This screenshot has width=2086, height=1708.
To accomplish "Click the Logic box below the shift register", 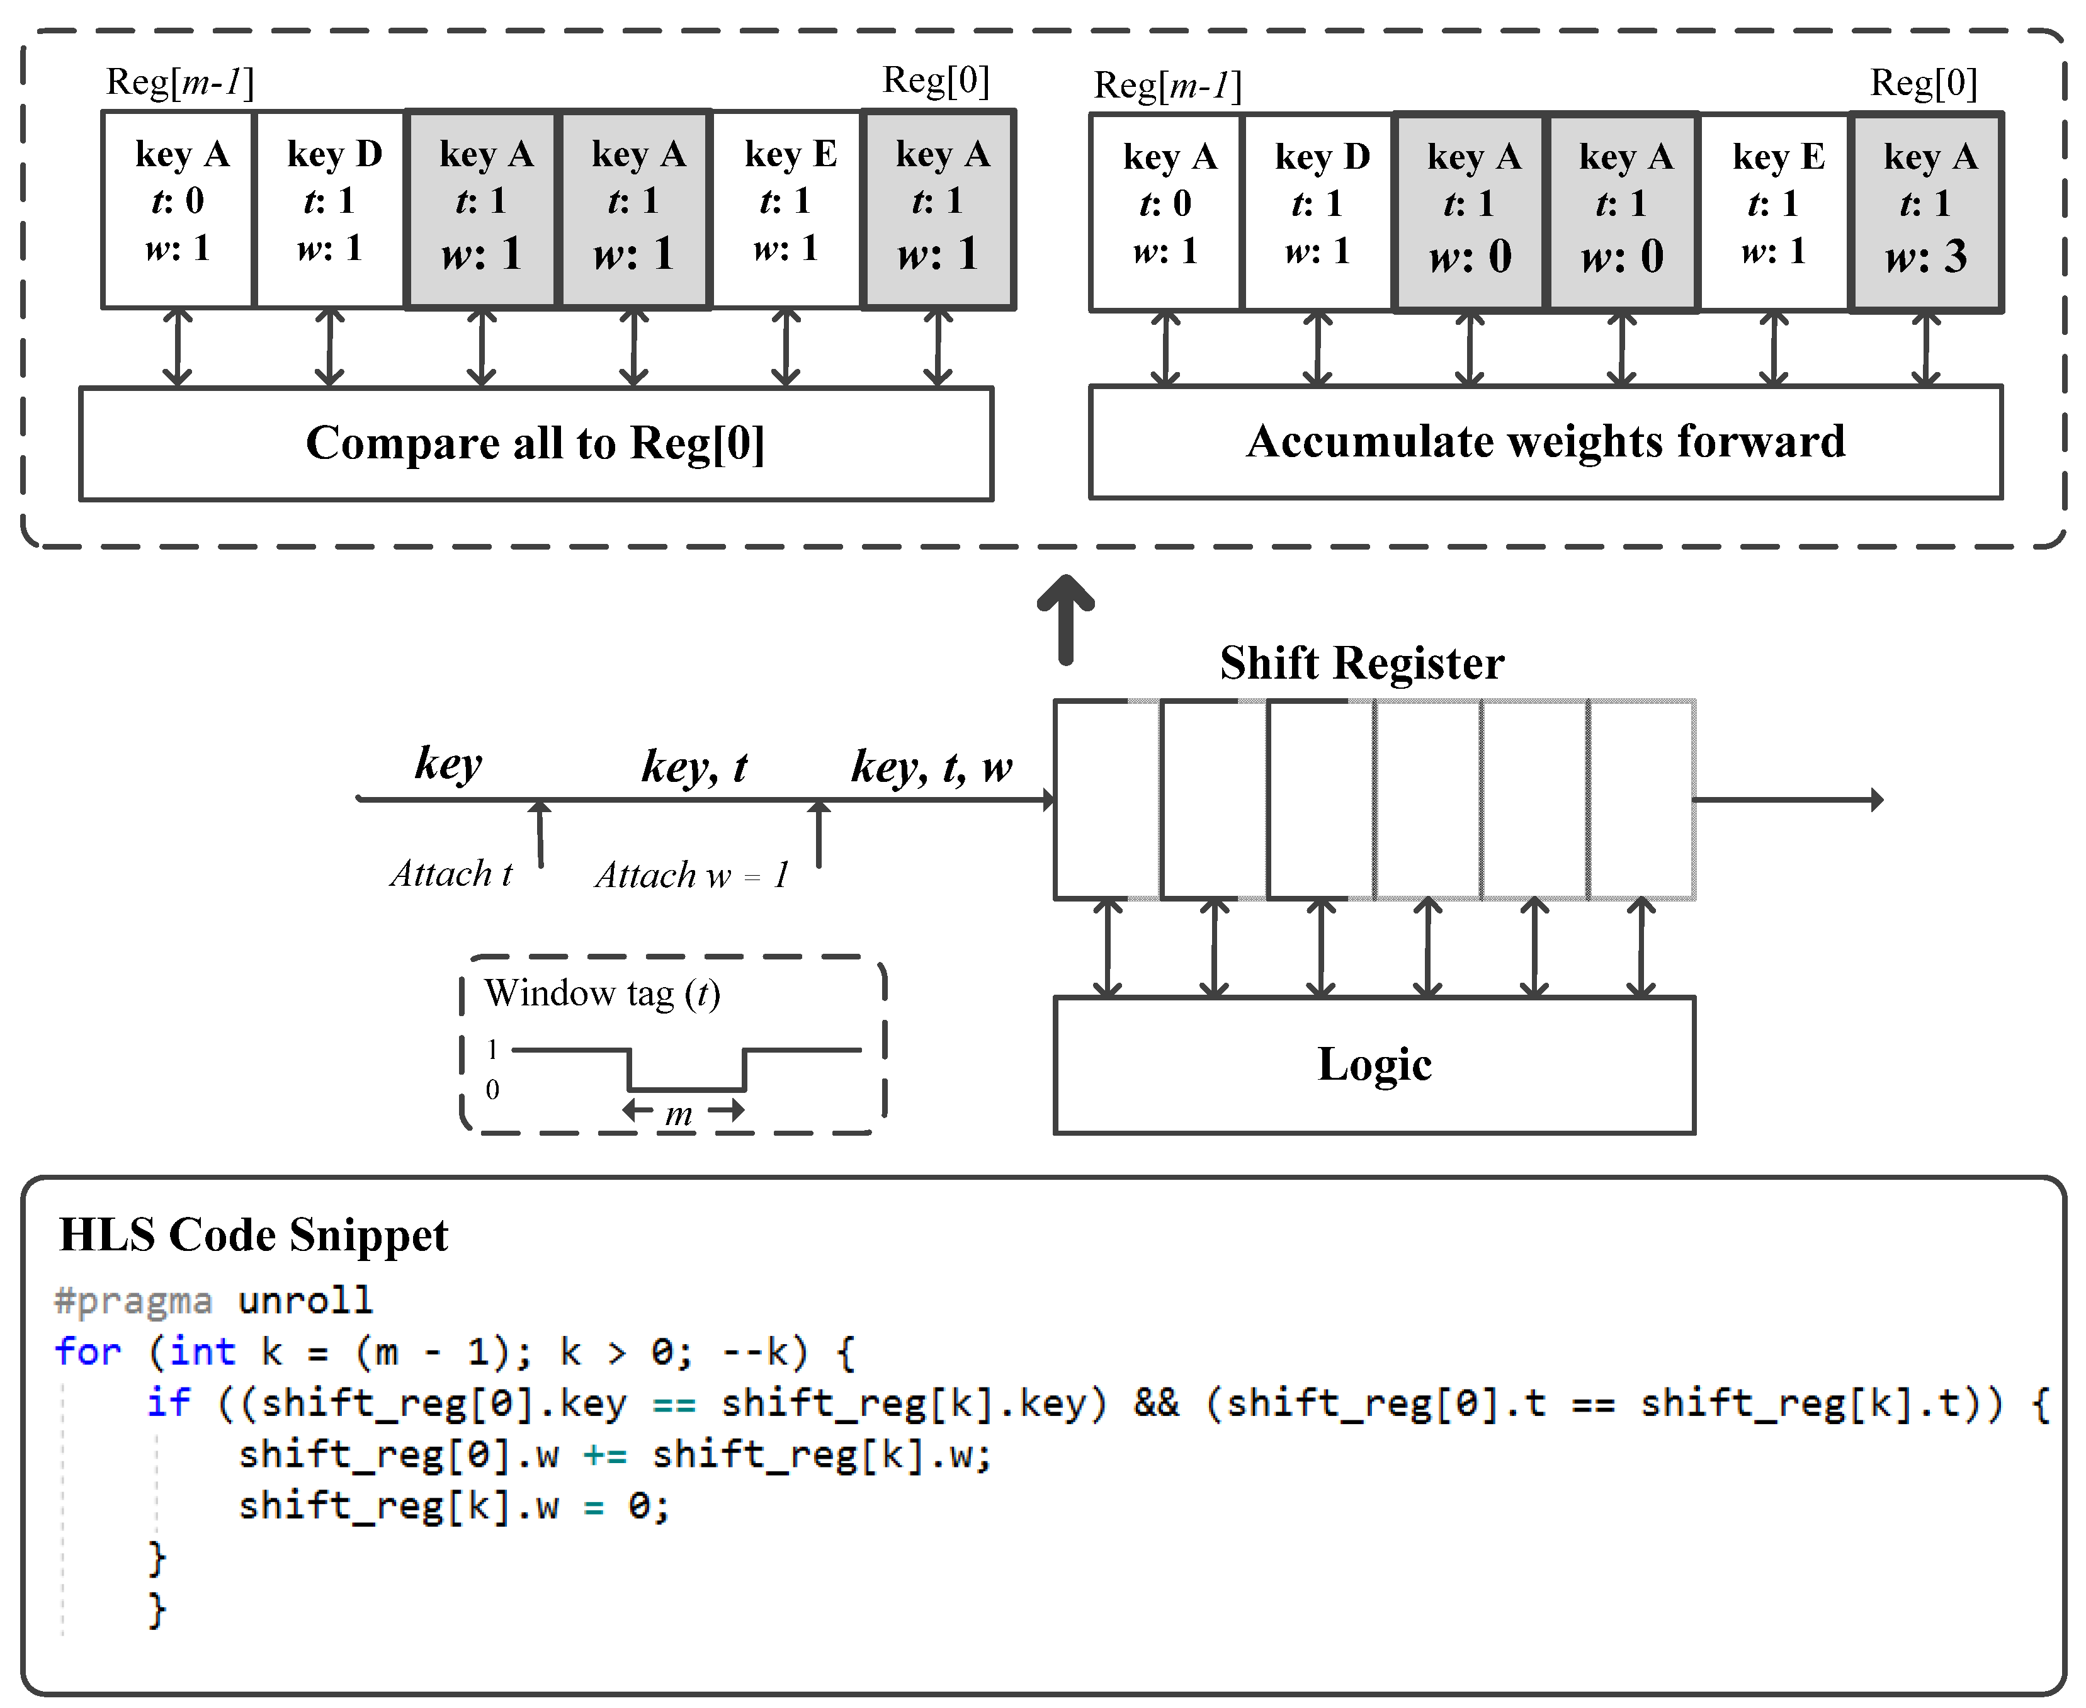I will point(1374,1065).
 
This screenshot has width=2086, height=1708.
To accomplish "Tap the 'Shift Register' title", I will point(1362,663).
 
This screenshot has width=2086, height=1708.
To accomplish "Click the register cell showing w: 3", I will point(1925,213).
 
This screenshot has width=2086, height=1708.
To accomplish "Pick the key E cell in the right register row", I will point(1774,213).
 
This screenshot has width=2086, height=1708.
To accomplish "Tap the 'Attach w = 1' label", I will point(692,874).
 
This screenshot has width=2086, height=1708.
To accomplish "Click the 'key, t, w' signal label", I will point(931,766).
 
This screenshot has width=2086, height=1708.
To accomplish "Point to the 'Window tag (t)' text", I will point(602,993).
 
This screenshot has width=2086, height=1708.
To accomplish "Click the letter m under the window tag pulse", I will point(679,1115).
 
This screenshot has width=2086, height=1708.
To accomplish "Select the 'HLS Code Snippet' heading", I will point(253,1235).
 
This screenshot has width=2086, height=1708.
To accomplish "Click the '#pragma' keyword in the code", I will point(133,1301).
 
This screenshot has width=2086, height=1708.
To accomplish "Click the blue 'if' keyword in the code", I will point(168,1403).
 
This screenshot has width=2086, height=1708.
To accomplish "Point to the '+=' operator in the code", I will point(604,1455).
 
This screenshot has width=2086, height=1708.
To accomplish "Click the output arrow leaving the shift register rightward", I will point(1786,800).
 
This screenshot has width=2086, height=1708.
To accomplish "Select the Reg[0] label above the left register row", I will point(935,81).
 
